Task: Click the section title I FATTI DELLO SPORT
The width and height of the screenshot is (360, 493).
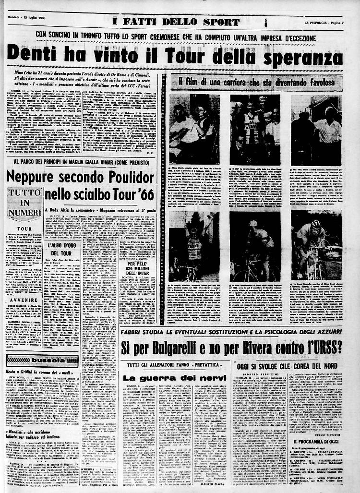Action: click(176, 22)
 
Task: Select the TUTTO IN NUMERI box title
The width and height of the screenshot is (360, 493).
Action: click(24, 204)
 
